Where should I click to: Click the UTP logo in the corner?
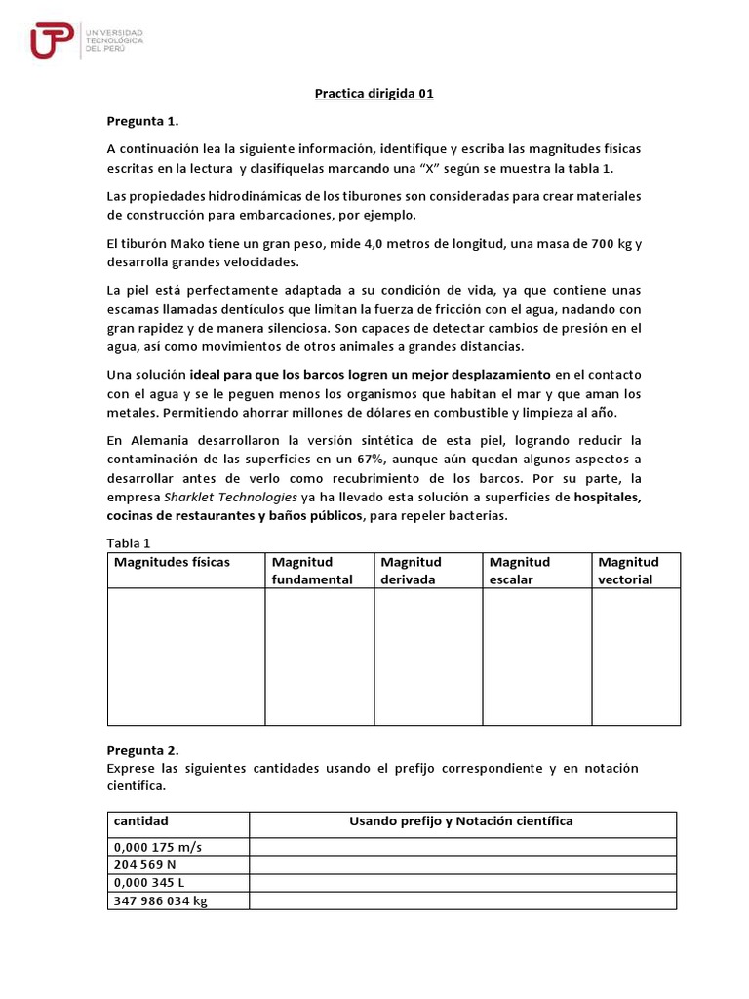(x=86, y=41)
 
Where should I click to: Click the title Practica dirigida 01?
(x=374, y=95)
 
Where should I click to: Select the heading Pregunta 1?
(x=138, y=121)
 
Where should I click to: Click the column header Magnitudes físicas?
(x=172, y=562)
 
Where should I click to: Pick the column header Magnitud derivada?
(x=411, y=571)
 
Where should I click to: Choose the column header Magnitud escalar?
(x=520, y=571)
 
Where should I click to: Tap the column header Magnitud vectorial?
(x=628, y=571)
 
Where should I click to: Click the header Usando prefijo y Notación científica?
(x=461, y=821)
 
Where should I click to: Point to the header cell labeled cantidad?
(x=140, y=821)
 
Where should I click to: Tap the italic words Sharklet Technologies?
(x=231, y=498)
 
